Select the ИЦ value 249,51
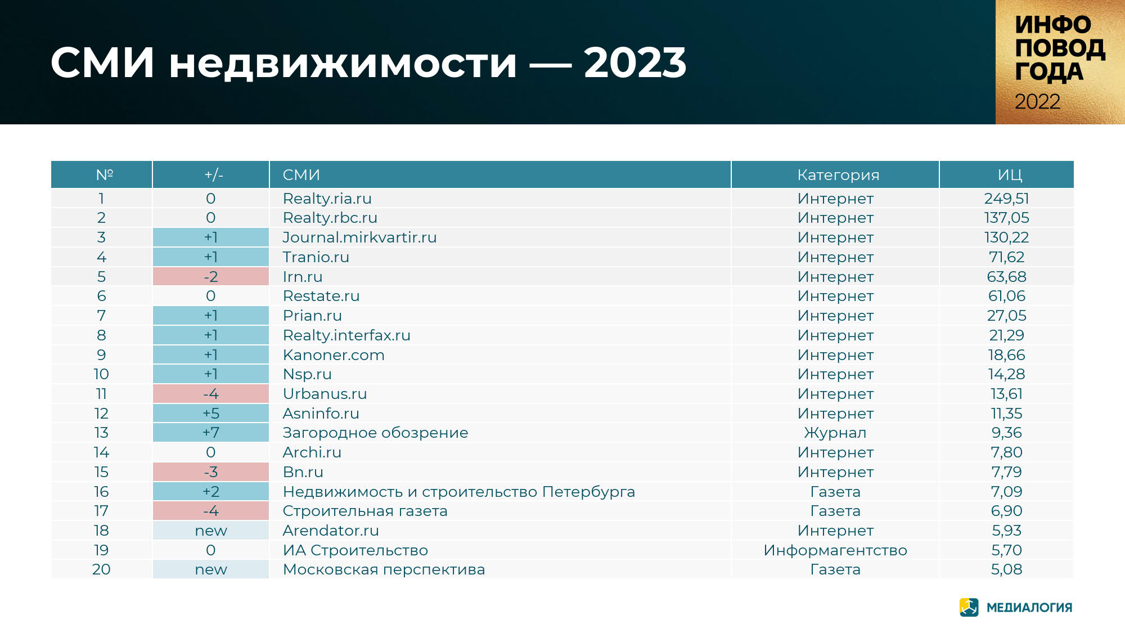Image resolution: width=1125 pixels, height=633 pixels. tap(1006, 199)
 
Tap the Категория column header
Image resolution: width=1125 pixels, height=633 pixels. tap(838, 175)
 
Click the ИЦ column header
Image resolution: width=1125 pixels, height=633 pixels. tap(1010, 175)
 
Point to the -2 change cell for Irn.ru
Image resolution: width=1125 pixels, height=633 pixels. tap(211, 277)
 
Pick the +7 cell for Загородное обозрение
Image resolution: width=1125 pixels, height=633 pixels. tap(211, 433)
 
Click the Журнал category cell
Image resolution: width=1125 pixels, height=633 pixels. tap(835, 433)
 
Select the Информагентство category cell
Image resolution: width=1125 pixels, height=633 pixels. tap(835, 550)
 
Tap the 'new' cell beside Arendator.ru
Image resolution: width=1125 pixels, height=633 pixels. tap(211, 531)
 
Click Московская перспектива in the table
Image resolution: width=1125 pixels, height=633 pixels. tap(384, 569)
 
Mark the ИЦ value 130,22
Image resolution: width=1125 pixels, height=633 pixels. tap(1006, 237)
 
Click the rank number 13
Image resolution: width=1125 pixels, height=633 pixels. tap(101, 433)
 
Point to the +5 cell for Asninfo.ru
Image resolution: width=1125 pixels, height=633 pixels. tap(211, 414)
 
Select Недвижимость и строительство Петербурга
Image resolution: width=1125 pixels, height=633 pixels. tap(459, 492)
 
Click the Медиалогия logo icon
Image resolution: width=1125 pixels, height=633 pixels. tap(969, 607)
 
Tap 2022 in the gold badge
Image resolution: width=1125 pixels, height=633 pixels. tap(1037, 102)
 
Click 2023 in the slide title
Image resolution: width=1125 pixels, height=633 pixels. tap(635, 62)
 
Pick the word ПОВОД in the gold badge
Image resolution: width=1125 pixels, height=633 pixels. tap(1060, 48)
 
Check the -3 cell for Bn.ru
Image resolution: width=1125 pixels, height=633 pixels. tap(211, 472)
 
